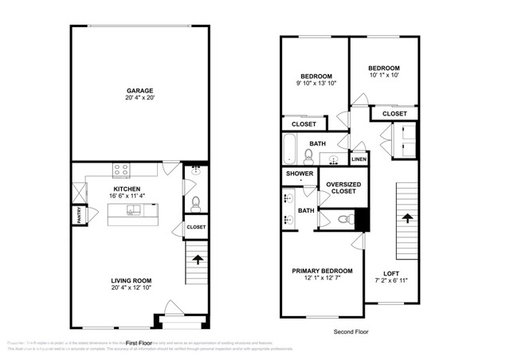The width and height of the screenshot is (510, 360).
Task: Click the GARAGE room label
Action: point(139,90)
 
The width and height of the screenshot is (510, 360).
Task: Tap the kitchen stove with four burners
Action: point(122,169)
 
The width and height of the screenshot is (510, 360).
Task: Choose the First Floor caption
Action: point(138,320)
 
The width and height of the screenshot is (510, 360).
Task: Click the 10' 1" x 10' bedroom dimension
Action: point(383,76)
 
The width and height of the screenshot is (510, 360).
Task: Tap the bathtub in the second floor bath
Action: point(290,149)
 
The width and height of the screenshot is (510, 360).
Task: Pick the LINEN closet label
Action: point(359,160)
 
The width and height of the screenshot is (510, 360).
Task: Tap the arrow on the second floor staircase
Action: point(407,217)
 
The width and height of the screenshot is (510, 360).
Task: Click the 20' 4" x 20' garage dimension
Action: point(139,99)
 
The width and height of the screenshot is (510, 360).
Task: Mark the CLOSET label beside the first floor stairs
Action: point(196,228)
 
